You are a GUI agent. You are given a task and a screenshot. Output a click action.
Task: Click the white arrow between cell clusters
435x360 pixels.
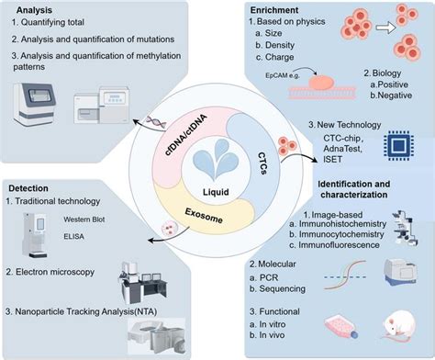386,34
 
